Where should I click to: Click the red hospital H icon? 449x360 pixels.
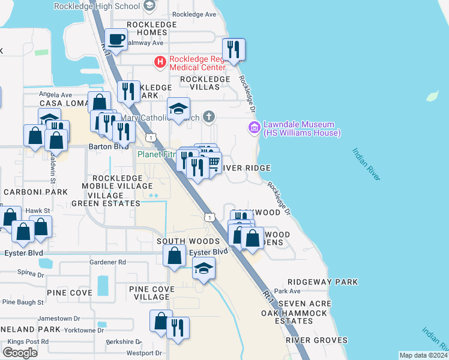click(160, 61)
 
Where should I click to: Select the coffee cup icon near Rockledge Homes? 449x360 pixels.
click(116, 40)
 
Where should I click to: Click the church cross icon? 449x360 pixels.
click(208, 116)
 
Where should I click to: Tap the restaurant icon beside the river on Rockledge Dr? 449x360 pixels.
click(233, 49)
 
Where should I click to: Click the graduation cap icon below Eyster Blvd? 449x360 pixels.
click(203, 268)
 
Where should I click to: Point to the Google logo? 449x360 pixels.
click(20, 352)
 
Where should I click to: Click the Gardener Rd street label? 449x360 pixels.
click(107, 262)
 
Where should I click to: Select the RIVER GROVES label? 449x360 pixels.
click(316, 340)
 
